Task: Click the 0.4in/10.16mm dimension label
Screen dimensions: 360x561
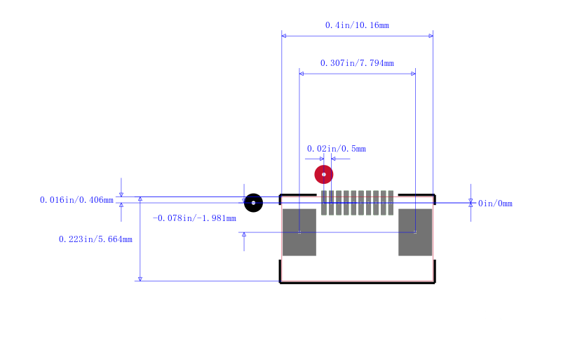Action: (357, 25)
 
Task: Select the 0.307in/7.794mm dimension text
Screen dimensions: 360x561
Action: (357, 63)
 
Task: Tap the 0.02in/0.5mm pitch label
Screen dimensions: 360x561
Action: (337, 149)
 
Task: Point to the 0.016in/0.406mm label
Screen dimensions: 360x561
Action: (76, 200)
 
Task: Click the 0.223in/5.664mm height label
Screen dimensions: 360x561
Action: (95, 239)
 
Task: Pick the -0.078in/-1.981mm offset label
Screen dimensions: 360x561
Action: (194, 218)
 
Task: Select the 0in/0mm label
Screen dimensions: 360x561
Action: (495, 204)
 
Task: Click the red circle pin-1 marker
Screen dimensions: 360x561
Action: (323, 174)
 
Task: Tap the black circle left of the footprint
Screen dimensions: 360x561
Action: (253, 203)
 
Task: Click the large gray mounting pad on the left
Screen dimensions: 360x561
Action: (299, 232)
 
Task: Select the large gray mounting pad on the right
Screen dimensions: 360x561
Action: (415, 232)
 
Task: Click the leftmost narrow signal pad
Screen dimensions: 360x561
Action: (323, 203)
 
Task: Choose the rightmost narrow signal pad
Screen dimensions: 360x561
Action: (391, 203)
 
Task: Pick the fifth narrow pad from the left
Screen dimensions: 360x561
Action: (353, 203)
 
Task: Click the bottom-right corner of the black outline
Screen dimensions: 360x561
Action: (434, 281)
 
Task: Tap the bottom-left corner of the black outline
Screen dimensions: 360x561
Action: (280, 281)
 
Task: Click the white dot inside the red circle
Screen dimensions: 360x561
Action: (323, 174)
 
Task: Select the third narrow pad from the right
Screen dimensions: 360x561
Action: (376, 203)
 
